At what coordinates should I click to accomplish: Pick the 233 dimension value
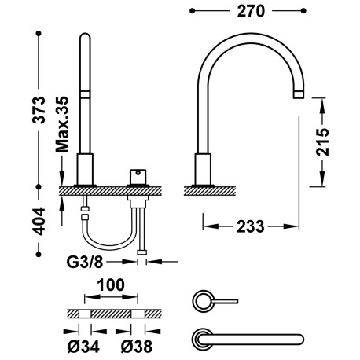(250, 226)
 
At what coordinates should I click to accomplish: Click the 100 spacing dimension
(112, 288)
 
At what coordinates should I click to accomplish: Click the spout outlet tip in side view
(299, 94)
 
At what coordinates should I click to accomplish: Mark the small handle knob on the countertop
(141, 173)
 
